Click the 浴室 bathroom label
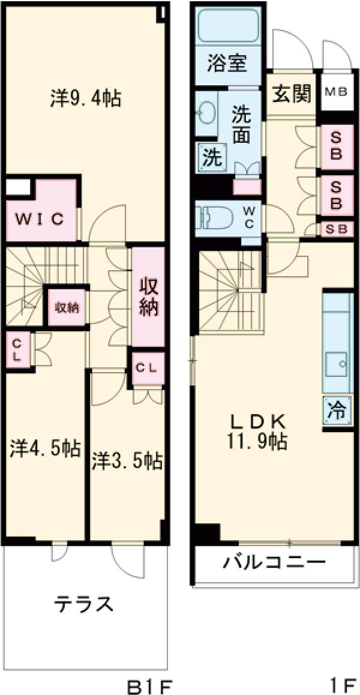click(226, 63)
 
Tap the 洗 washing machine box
click(211, 158)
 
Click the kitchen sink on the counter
click(338, 364)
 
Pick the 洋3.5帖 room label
click(127, 461)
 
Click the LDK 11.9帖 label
click(256, 431)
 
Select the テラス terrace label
click(83, 604)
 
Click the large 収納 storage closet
click(148, 296)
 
